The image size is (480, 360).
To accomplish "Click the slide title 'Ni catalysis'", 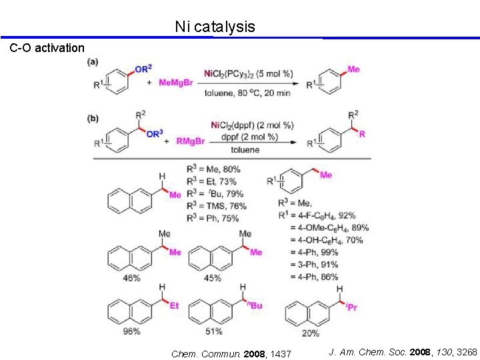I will [215, 27].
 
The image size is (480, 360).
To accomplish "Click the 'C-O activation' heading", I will [47, 48].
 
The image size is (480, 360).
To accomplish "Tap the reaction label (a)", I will [93, 61].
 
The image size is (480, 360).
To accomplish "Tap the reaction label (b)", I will [93, 119].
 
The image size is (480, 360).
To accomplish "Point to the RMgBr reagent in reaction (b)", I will [191, 141].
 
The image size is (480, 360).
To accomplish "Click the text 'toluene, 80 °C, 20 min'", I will [247, 93].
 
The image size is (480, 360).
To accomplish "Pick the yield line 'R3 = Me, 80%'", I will [213, 169].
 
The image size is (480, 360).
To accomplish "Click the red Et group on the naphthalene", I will [174, 305].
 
